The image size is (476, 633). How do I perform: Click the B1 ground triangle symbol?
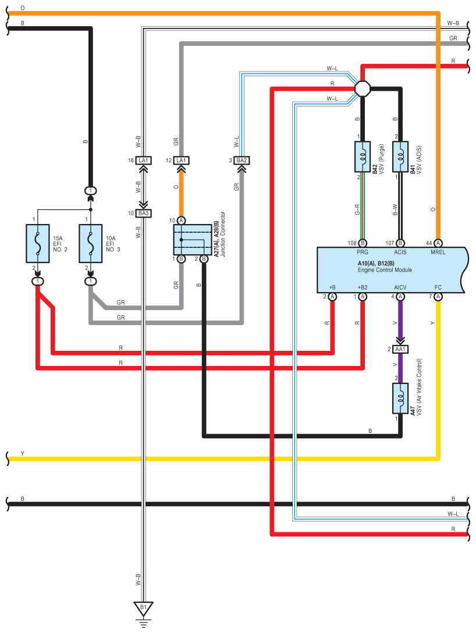click(x=143, y=608)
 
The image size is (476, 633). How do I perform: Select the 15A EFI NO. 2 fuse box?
click(x=38, y=243)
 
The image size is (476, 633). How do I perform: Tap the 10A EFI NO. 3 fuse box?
click(x=90, y=243)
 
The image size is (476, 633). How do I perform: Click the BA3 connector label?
click(x=143, y=213)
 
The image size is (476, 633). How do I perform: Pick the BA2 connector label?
click(x=241, y=160)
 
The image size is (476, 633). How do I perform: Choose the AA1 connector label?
click(x=400, y=349)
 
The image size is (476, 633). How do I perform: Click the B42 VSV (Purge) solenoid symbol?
click(x=362, y=157)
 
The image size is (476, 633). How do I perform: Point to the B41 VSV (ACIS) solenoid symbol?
click(x=400, y=157)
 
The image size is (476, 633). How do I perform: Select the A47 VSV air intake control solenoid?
click(x=400, y=399)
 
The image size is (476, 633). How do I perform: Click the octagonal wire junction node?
click(x=362, y=88)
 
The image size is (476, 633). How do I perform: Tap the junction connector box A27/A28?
click(x=193, y=240)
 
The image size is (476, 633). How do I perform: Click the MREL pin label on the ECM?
click(x=438, y=253)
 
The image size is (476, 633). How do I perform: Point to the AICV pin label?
click(x=400, y=287)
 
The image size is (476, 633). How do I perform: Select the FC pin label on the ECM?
click(x=438, y=287)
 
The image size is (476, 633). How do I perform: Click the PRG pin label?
click(x=362, y=253)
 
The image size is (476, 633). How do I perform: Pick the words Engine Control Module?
click(x=385, y=270)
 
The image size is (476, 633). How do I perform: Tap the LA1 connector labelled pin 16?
click(x=143, y=160)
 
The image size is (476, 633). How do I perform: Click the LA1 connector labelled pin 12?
click(x=182, y=160)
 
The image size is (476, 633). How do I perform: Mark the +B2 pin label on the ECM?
click(x=362, y=287)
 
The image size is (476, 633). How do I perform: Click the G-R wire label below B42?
click(x=357, y=209)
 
